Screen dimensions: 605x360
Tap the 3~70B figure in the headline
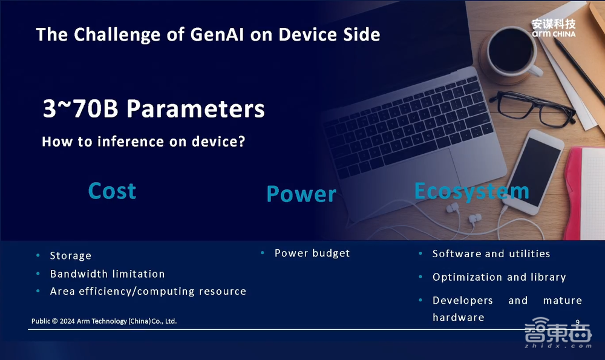pos(80,108)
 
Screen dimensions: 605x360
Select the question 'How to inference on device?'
pos(143,142)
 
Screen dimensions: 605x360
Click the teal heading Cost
pos(112,191)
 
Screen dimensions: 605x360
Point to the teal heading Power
pos(301,194)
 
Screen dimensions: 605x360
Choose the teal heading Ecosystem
pos(471,191)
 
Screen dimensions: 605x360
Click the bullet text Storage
pos(71,256)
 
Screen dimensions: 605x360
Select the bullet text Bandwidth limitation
pos(107,274)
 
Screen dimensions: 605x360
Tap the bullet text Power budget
pos(312,253)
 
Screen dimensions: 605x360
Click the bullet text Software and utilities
pos(491,254)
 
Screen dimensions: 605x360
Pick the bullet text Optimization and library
pos(499,277)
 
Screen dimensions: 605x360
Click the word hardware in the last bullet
pos(459,317)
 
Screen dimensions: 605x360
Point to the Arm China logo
pos(554,28)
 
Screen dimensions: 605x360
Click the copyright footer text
pos(104,321)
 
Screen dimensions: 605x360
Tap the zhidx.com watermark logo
pos(558,333)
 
